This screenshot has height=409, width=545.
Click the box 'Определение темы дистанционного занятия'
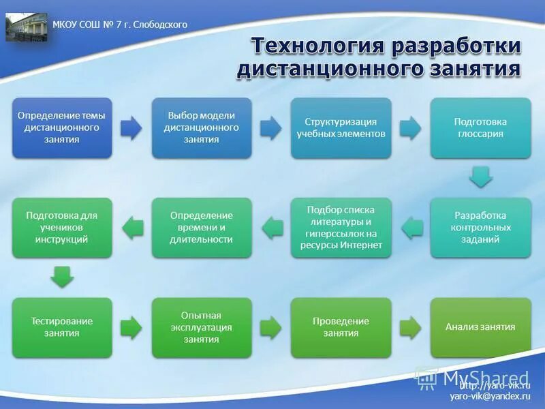click(x=62, y=128)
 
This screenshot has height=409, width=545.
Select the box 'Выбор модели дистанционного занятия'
click(x=201, y=128)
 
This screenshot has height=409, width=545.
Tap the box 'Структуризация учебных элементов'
click(x=341, y=128)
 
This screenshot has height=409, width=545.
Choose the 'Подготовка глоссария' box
click(x=480, y=128)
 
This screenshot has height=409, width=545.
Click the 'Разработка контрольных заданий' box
click(x=480, y=228)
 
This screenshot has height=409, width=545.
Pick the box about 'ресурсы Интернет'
click(x=341, y=228)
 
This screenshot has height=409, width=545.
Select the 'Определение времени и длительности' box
click(x=201, y=228)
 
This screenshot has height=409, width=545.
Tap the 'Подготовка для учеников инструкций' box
click(x=62, y=228)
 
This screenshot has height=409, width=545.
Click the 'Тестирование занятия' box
click(x=62, y=327)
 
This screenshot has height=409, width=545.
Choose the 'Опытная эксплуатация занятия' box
click(x=201, y=327)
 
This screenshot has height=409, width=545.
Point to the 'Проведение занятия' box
click(x=341, y=327)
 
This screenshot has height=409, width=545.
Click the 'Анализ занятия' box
click(x=480, y=327)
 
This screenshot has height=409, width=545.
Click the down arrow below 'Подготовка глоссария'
click(x=480, y=178)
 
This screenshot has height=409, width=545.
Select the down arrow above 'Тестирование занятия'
click(x=62, y=277)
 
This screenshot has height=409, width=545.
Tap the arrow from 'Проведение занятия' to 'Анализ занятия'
click(x=410, y=327)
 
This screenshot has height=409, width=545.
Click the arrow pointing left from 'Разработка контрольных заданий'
click(x=411, y=228)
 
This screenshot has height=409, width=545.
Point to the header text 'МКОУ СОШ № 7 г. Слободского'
click(x=120, y=25)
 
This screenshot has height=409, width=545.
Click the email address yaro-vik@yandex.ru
click(x=489, y=396)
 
